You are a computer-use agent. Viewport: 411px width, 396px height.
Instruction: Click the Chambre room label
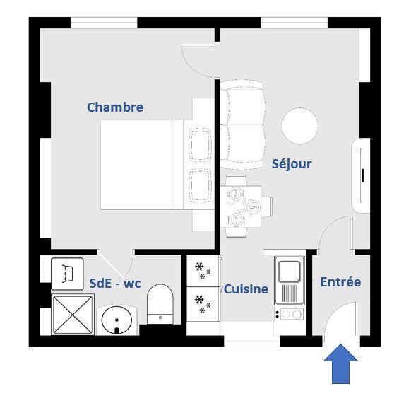click(115, 107)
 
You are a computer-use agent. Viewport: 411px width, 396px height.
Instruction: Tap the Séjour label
click(292, 164)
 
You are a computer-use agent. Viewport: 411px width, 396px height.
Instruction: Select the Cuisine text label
click(246, 289)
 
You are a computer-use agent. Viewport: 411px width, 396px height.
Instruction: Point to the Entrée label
click(340, 282)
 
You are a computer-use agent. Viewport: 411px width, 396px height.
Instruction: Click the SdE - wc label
click(115, 284)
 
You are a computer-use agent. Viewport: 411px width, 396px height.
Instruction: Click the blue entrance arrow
click(340, 363)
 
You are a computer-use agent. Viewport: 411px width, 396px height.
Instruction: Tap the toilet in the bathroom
click(160, 303)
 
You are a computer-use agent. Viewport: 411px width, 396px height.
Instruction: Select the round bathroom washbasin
click(117, 320)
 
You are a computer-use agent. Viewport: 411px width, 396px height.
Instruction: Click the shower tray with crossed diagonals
click(73, 315)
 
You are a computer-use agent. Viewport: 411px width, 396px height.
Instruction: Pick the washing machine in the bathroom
click(67, 274)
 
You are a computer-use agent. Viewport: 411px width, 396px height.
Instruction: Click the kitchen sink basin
click(290, 272)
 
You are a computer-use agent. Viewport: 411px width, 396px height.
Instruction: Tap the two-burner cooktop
click(290, 314)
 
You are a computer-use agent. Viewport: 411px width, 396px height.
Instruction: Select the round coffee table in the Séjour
click(300, 126)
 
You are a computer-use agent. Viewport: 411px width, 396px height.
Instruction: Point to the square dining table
click(241, 206)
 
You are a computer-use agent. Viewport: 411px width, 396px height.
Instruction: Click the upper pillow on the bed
click(201, 145)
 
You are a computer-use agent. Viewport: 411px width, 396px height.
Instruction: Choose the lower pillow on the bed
click(201, 185)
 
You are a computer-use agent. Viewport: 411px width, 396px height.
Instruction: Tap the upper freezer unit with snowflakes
click(203, 272)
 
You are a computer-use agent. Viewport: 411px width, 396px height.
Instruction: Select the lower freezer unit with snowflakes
click(203, 304)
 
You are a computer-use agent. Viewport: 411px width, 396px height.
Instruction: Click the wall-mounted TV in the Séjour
click(362, 175)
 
